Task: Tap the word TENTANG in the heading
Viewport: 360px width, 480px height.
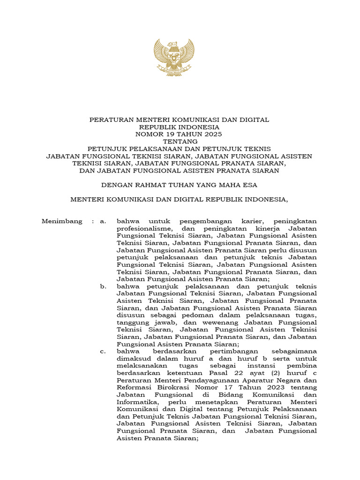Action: tap(180, 141)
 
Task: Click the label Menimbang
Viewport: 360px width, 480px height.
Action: tap(62, 221)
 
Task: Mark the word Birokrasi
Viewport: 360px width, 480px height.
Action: tap(168, 387)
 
